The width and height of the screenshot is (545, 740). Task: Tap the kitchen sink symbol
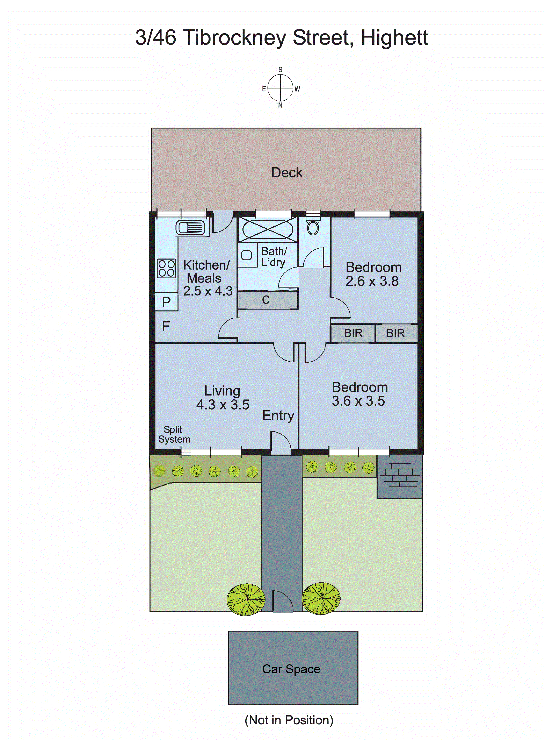(190, 227)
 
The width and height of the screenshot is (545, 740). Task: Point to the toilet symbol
(313, 227)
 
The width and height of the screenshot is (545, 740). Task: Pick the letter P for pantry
(166, 302)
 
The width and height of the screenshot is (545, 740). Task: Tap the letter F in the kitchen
(166, 326)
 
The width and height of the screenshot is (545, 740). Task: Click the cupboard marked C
(266, 300)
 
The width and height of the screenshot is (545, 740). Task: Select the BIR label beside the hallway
(353, 333)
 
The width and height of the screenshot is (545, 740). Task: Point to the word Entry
(278, 415)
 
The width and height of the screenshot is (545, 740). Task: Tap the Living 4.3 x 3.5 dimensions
(223, 405)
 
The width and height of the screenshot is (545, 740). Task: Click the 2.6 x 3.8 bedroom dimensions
(372, 281)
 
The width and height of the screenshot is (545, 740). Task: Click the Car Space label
(291, 669)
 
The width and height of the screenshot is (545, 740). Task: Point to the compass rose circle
(280, 88)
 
